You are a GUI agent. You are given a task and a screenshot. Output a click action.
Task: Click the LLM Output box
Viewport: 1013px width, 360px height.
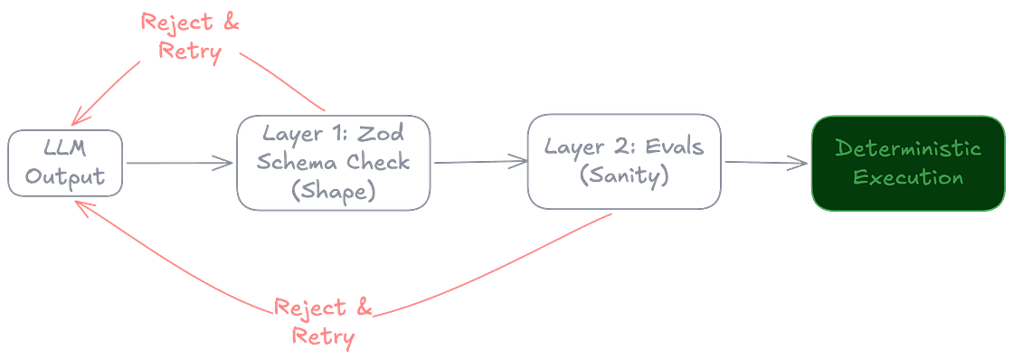click(x=64, y=163)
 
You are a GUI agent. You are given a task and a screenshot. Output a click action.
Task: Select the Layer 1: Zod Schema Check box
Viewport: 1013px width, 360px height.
click(x=334, y=163)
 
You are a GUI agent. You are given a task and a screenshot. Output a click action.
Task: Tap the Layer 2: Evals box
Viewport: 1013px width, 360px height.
click(x=624, y=162)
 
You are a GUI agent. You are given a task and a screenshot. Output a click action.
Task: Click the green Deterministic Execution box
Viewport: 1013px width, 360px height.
click(x=908, y=163)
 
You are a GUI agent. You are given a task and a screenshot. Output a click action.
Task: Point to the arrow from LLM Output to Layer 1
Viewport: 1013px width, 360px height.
click(x=180, y=163)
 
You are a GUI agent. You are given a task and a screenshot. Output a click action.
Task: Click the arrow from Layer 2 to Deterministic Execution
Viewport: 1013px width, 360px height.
click(x=766, y=163)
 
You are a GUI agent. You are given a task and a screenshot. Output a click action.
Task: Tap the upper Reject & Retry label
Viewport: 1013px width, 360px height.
click(x=190, y=36)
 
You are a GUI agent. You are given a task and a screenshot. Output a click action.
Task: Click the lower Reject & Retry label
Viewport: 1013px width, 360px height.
click(x=324, y=321)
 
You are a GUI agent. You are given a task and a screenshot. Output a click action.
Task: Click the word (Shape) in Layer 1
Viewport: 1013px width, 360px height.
click(x=334, y=191)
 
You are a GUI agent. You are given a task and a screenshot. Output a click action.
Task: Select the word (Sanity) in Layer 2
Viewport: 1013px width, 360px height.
click(x=624, y=175)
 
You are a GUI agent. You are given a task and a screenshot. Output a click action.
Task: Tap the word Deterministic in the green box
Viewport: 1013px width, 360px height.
click(x=908, y=148)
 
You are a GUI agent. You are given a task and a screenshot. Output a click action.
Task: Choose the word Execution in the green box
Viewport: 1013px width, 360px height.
click(x=908, y=177)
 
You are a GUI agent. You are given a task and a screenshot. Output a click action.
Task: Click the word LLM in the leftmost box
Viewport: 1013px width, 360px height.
click(x=64, y=149)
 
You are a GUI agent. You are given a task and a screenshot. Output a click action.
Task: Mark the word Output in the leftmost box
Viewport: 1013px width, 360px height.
click(x=64, y=176)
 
